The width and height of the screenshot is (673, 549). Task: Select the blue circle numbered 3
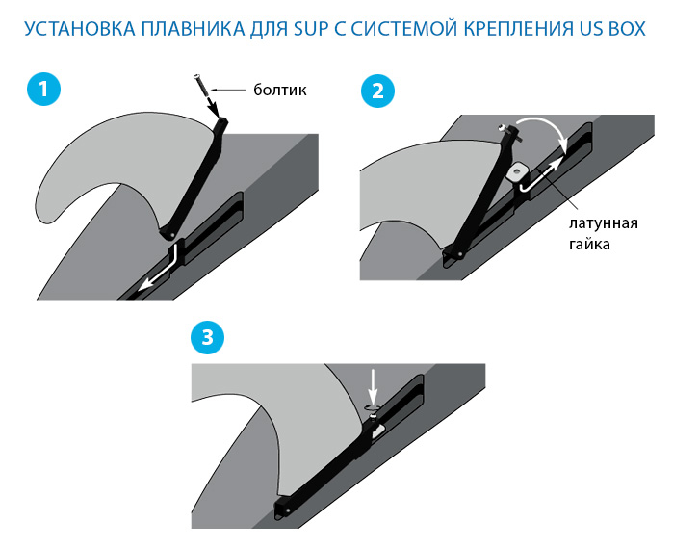pos(207,336)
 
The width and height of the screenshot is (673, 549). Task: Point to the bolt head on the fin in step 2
pos(502,125)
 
